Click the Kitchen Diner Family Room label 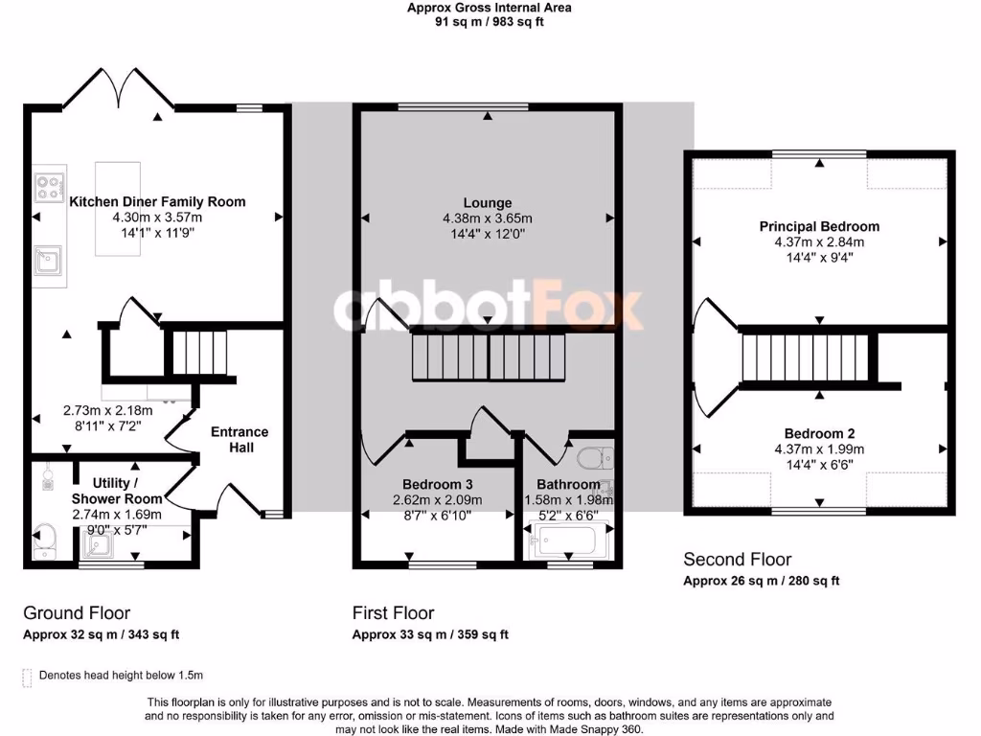(157, 201)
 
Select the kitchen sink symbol (45, 260)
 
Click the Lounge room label (488, 203)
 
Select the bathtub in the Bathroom (566, 540)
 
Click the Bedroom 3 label (437, 484)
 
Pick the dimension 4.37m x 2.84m (819, 241)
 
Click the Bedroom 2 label (819, 433)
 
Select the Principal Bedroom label (819, 226)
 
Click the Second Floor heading (737, 559)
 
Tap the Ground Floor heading (77, 612)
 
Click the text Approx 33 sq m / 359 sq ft (430, 634)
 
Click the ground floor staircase (199, 353)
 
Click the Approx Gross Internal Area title (489, 7)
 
